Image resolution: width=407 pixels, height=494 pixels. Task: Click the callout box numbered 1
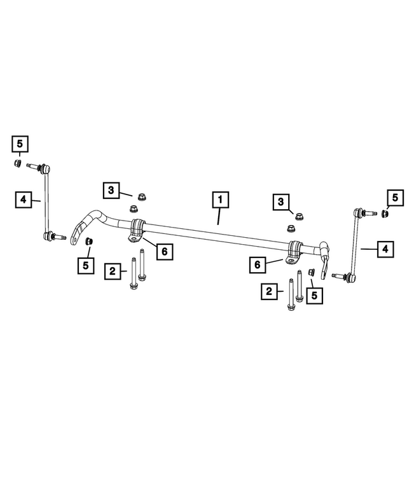tap(220, 200)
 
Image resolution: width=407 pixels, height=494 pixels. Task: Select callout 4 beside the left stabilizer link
tap(24, 200)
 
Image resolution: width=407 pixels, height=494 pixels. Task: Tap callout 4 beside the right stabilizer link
tap(385, 249)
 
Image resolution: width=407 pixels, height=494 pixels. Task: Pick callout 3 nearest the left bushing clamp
tap(111, 190)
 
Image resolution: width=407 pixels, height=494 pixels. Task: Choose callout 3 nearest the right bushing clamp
tap(281, 202)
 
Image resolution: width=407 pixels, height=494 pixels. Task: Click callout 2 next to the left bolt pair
tap(113, 271)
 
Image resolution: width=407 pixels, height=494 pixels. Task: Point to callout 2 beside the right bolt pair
tap(269, 291)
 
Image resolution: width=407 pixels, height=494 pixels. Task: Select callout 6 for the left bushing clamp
tap(165, 251)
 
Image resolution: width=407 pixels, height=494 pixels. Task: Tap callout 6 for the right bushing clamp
tap(258, 264)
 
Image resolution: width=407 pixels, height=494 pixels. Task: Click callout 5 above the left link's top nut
tap(20, 144)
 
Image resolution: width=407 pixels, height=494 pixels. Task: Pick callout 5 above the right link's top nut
tap(396, 198)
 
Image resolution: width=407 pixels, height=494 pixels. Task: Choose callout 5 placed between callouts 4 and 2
tap(86, 266)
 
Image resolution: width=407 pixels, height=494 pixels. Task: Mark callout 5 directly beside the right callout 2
tap(314, 296)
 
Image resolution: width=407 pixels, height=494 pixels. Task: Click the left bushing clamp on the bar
tap(136, 231)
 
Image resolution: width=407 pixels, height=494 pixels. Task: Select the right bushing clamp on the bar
tap(294, 252)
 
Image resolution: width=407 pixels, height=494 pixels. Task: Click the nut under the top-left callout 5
tap(18, 163)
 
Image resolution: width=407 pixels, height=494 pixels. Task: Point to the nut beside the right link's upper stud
tap(384, 214)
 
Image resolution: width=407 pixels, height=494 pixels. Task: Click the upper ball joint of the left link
tap(45, 168)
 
